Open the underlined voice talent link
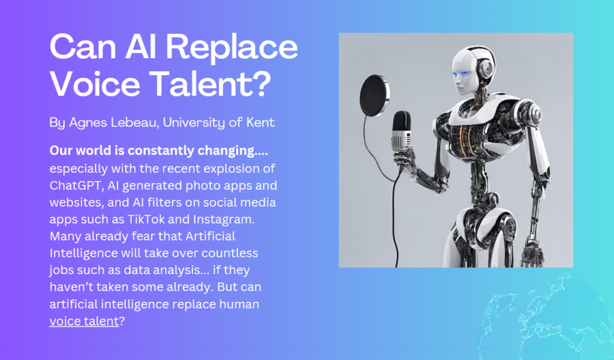(84, 321)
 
